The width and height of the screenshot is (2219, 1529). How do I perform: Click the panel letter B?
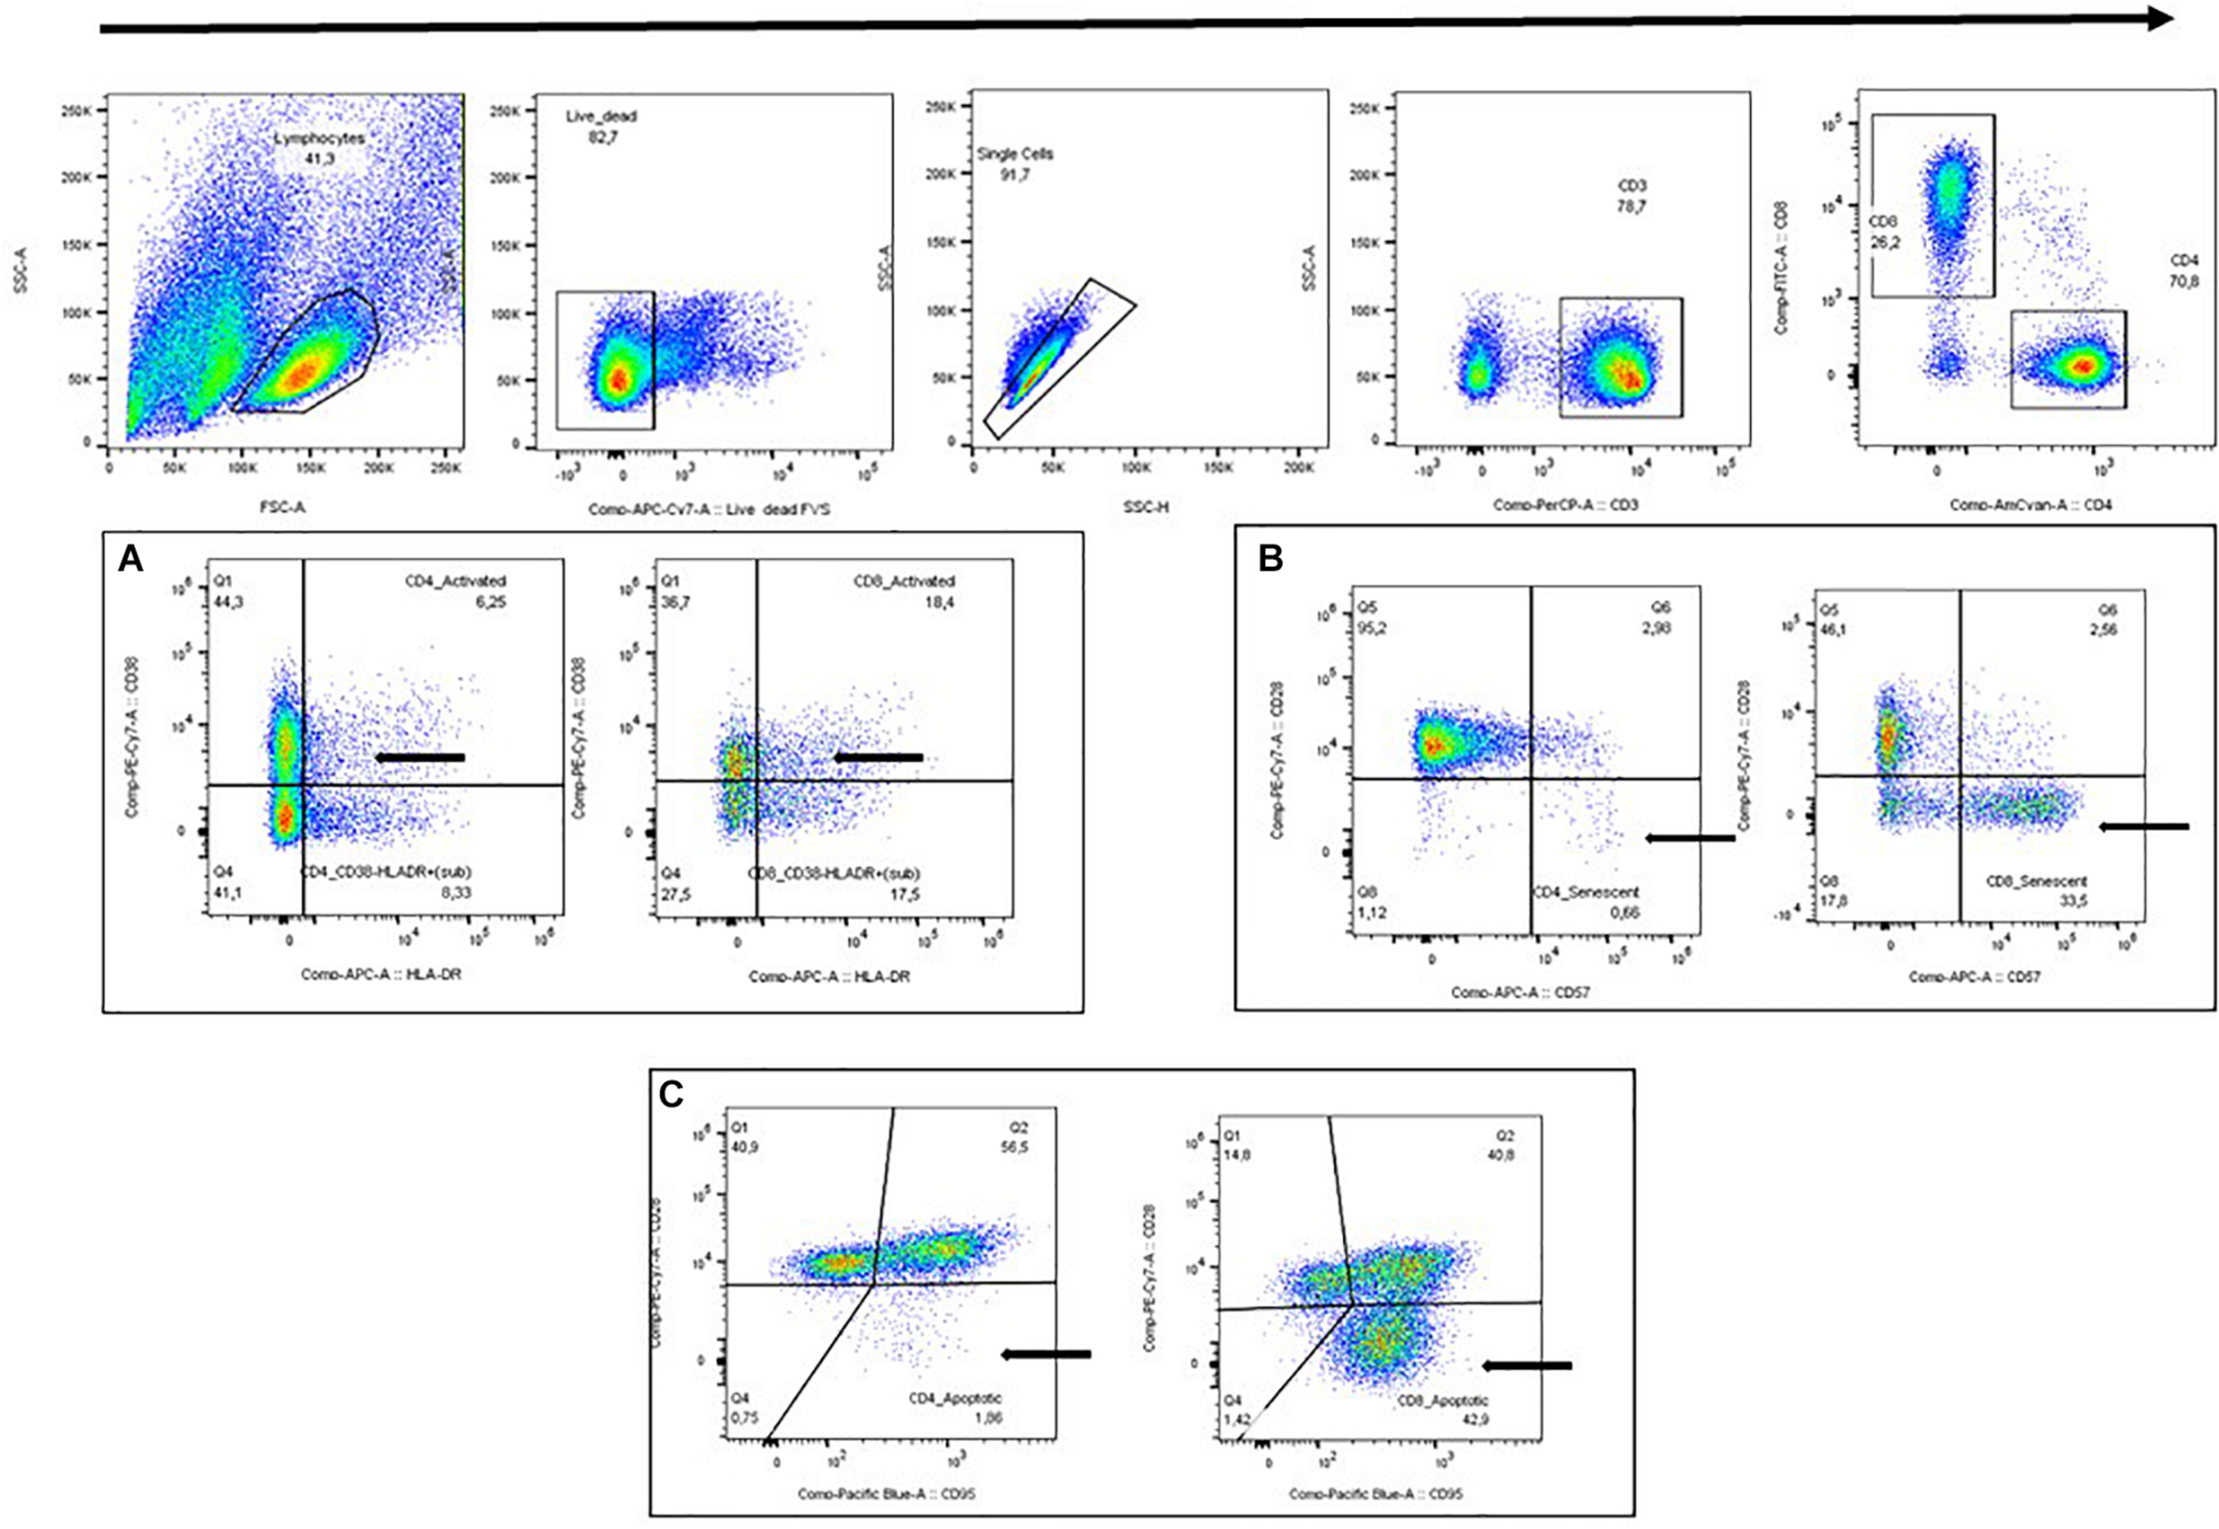click(x=1270, y=558)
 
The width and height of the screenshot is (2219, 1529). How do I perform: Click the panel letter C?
click(x=671, y=1094)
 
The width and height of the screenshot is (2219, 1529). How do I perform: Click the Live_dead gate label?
click(x=601, y=116)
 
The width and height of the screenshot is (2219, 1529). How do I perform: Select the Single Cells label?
click(x=1015, y=154)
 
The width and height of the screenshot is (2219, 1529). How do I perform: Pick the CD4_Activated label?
click(x=455, y=580)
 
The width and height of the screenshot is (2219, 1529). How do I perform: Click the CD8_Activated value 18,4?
click(x=939, y=602)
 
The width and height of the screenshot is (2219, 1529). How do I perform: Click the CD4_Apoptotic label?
click(x=954, y=1399)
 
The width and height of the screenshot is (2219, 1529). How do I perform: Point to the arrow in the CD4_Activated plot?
click(x=420, y=758)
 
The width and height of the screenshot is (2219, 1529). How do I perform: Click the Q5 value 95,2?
click(x=1373, y=627)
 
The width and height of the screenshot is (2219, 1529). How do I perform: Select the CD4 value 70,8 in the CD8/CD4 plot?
click(x=2184, y=281)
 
